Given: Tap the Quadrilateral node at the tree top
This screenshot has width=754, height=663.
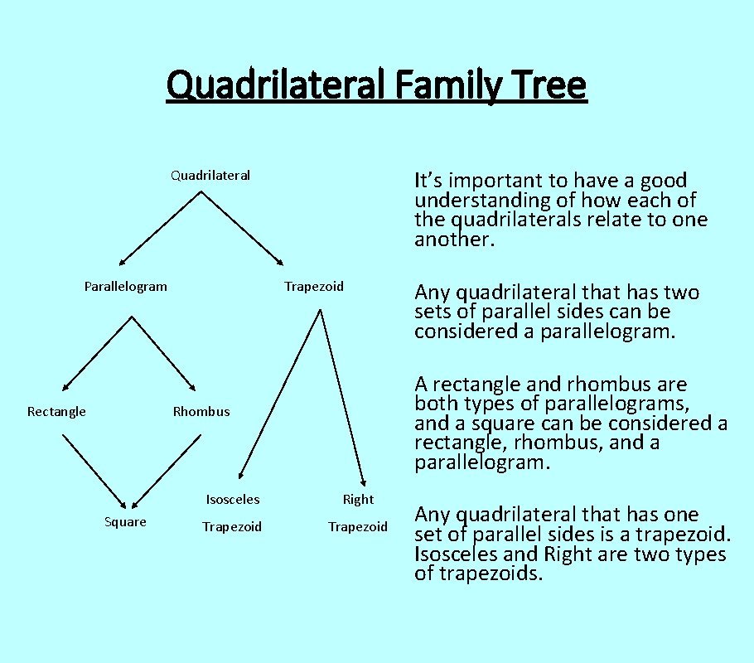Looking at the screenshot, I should coord(210,175).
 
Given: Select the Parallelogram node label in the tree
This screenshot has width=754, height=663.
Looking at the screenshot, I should coord(125,287).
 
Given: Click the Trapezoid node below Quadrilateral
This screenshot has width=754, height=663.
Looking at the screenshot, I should coord(313,287).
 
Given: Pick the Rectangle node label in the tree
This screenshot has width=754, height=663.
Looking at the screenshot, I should coord(56,412).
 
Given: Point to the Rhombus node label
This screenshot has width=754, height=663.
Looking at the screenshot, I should coord(201,412).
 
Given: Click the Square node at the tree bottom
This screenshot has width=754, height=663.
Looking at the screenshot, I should coord(125,521).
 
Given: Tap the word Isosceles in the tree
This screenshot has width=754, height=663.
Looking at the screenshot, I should coord(233,500).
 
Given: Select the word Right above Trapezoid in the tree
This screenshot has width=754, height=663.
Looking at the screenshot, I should coord(358,500).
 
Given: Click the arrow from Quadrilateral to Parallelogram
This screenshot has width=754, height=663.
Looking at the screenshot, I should coord(160,228).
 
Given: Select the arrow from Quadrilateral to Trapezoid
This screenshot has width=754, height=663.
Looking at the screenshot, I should coord(242,228).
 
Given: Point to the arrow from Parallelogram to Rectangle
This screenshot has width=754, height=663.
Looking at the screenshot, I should coord(97,353).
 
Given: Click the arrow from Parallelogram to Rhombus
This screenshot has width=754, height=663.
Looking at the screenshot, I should coord(163,353).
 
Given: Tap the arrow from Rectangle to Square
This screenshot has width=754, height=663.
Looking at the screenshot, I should coord(94,471).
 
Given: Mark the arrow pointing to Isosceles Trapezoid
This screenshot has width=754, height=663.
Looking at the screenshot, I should coord(279,394).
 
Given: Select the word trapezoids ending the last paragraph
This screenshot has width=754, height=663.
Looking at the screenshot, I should coord(488,573).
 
